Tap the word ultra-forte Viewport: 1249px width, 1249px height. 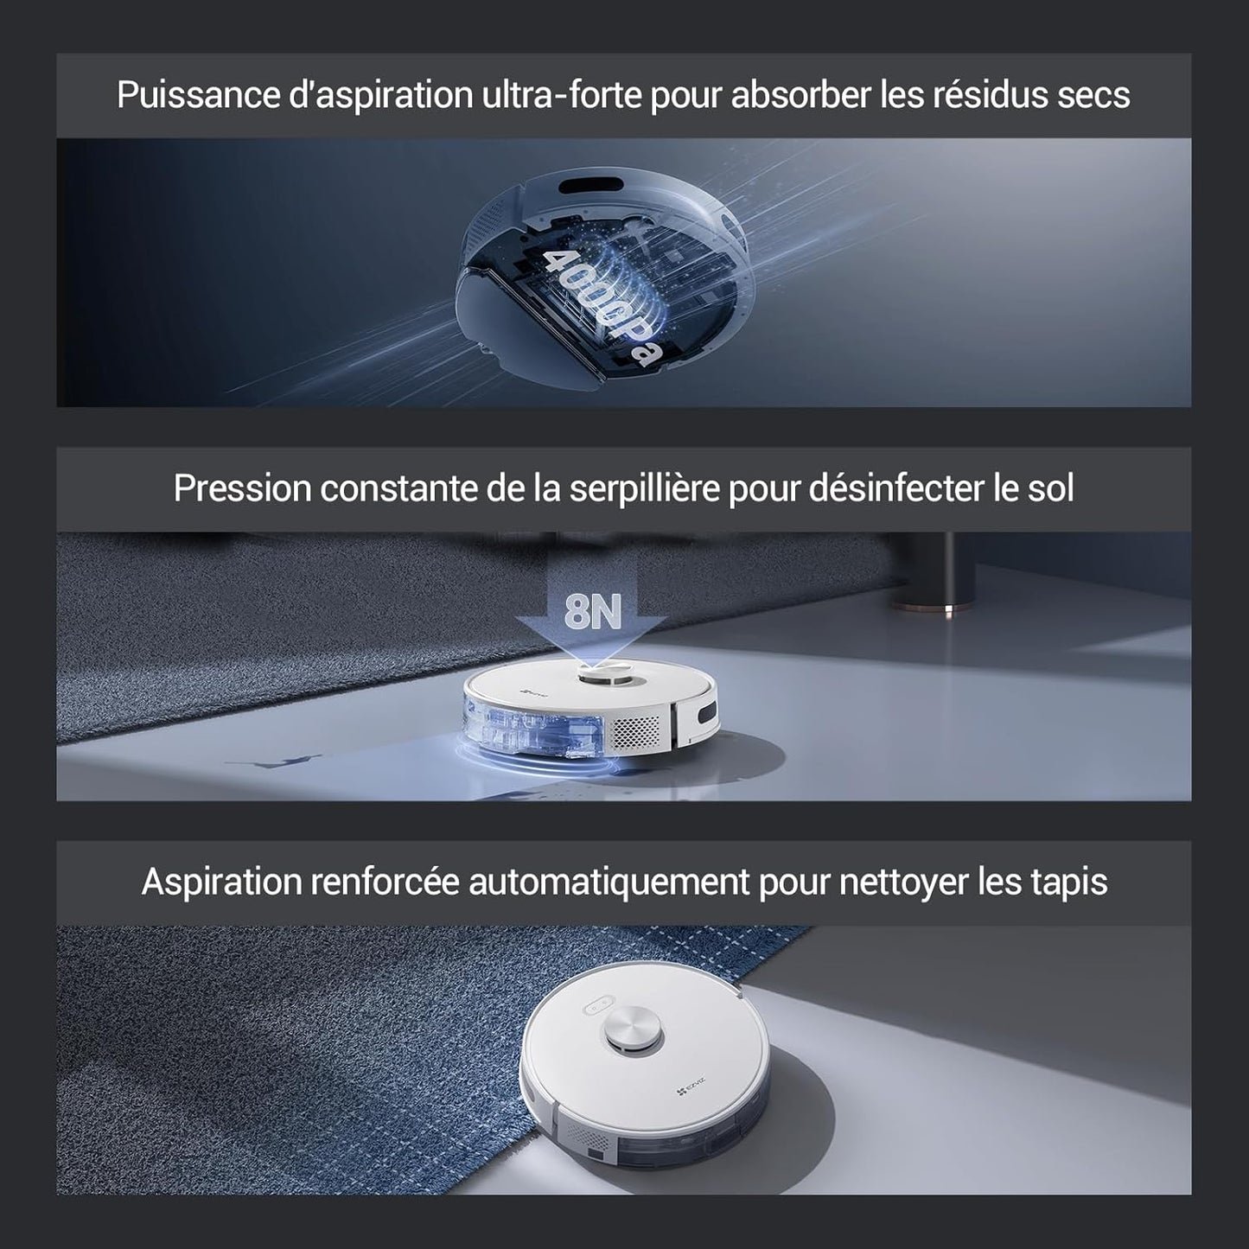(x=562, y=95)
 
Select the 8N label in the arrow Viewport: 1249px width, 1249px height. (x=593, y=611)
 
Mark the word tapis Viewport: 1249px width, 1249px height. (x=1069, y=883)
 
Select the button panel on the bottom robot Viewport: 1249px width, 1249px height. (x=597, y=1008)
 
